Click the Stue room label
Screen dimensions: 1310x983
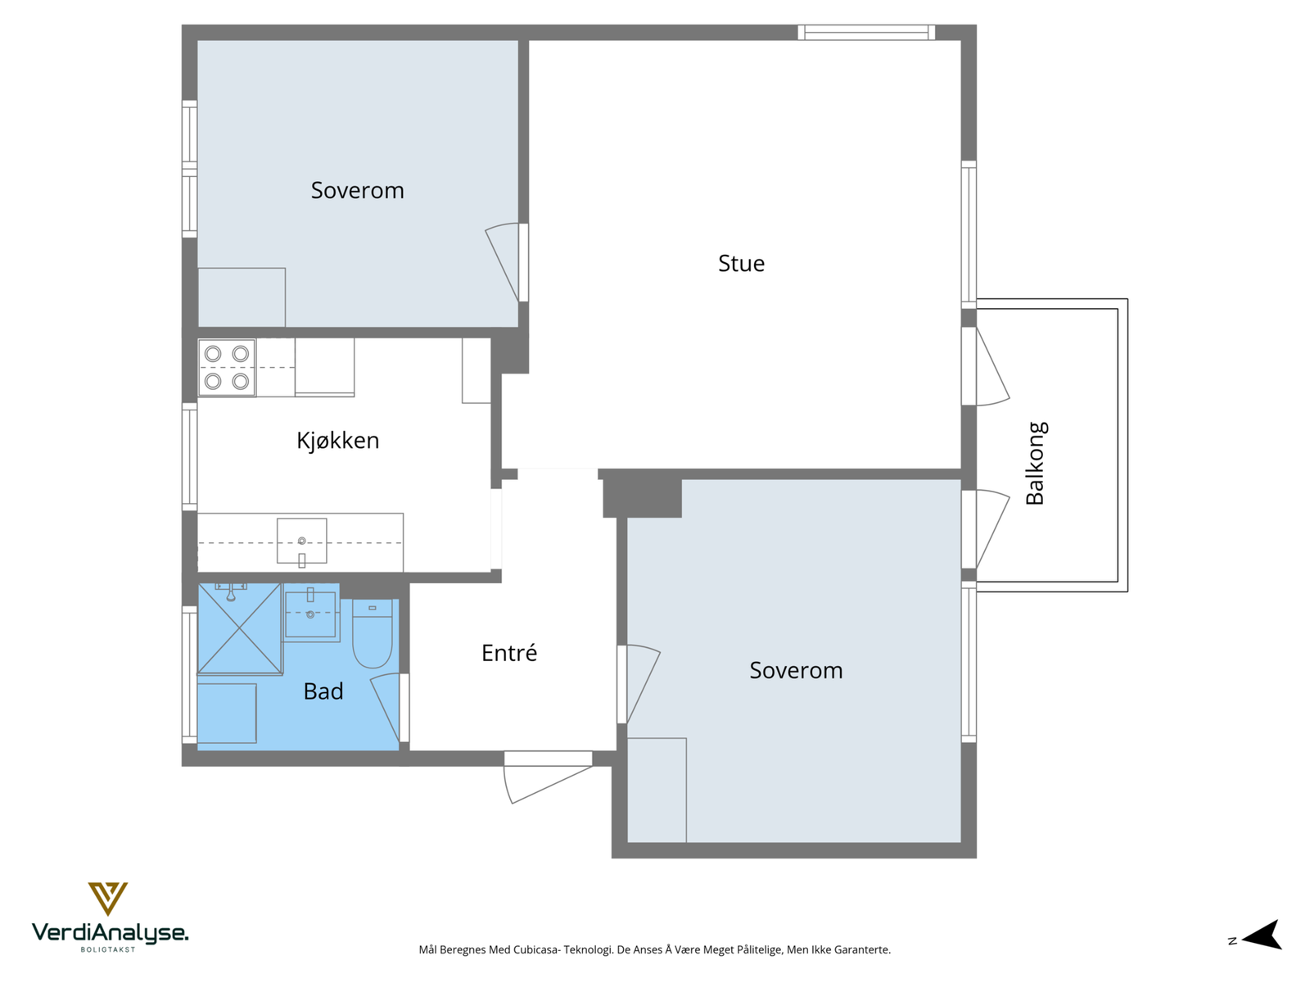coord(741,263)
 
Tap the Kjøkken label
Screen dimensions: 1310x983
coord(338,441)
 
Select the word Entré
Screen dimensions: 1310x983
coord(509,652)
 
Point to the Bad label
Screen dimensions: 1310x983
coord(323,691)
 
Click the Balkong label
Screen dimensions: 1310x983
coord(1035,463)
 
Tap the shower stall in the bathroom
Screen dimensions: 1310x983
coord(239,629)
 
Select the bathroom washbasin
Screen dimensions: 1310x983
coord(310,614)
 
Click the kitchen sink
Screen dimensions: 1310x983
coord(301,541)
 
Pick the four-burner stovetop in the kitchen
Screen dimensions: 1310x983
coord(227,368)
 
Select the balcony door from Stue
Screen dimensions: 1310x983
coord(985,366)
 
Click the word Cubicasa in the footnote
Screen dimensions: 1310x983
coord(536,949)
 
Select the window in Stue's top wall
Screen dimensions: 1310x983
coord(866,32)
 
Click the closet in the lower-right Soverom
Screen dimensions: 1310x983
coord(657,790)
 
